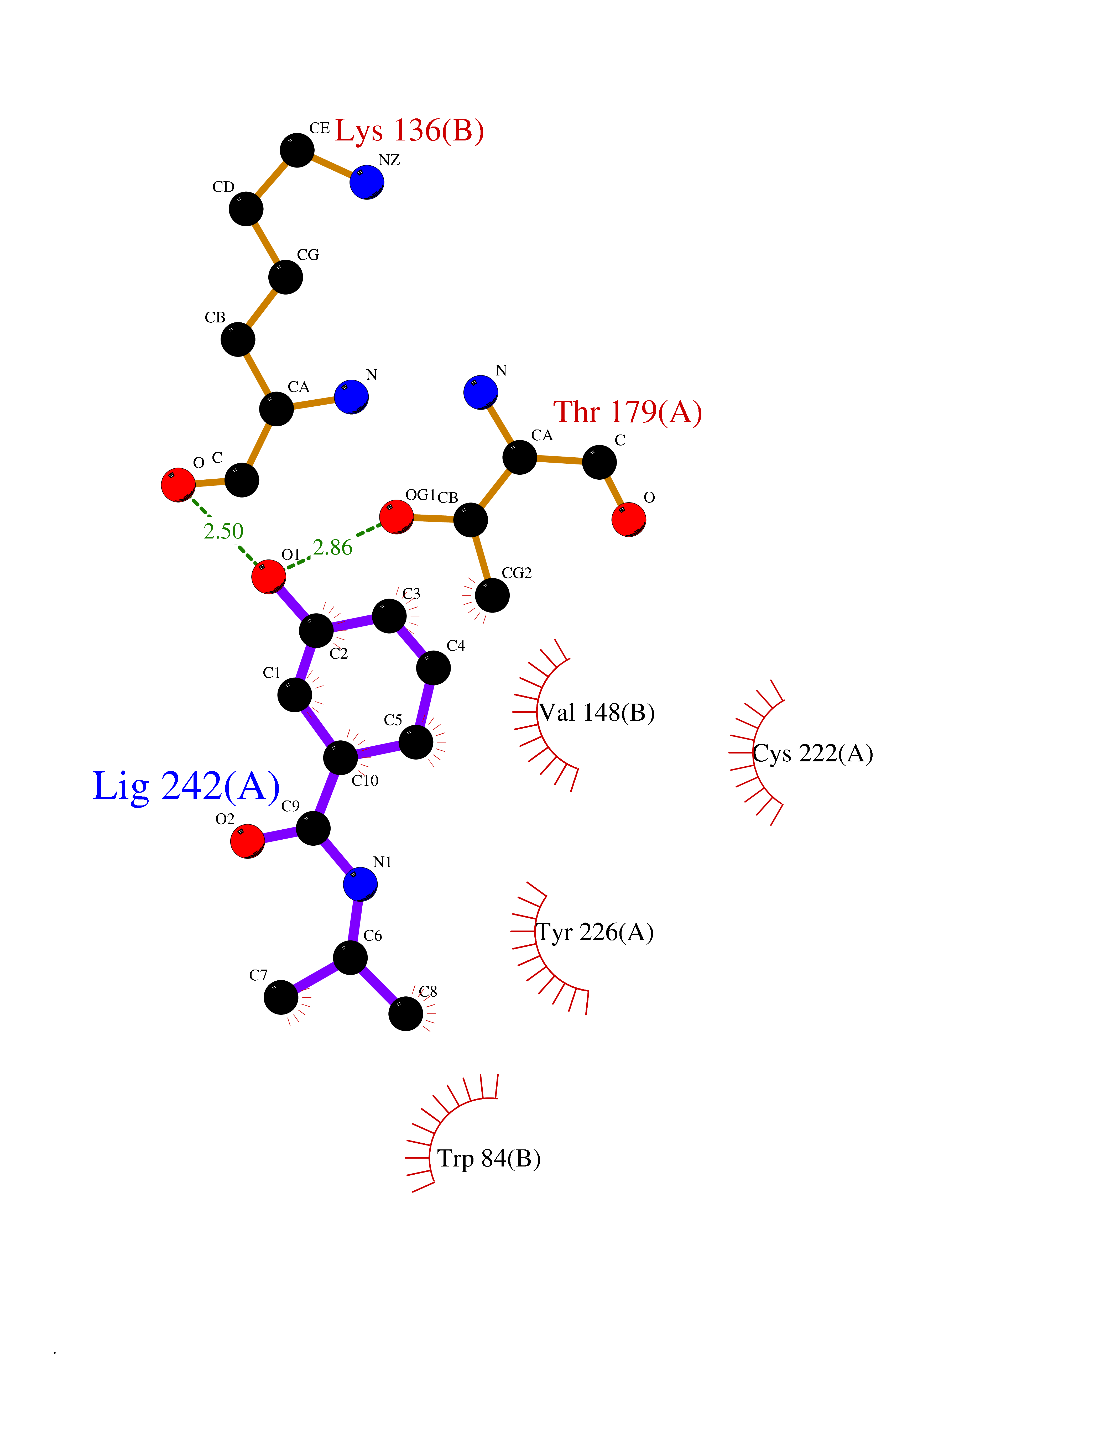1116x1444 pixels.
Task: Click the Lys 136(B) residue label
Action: pyautogui.click(x=409, y=131)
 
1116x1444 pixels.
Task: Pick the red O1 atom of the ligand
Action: pyautogui.click(x=268, y=576)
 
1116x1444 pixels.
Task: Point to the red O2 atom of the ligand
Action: pyautogui.click(x=247, y=841)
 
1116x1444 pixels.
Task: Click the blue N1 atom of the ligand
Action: pyautogui.click(x=360, y=884)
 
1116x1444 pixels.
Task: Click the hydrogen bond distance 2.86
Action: pyautogui.click(x=332, y=547)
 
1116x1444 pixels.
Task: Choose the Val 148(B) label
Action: pyautogui.click(x=596, y=713)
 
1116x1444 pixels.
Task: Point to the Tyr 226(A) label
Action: pyautogui.click(x=594, y=932)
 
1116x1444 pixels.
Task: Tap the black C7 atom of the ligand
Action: pyautogui.click(x=281, y=997)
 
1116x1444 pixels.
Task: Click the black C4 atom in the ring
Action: pyautogui.click(x=433, y=668)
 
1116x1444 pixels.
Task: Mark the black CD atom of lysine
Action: pyautogui.click(x=246, y=209)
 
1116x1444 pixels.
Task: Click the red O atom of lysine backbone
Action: pyautogui.click(x=178, y=485)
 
